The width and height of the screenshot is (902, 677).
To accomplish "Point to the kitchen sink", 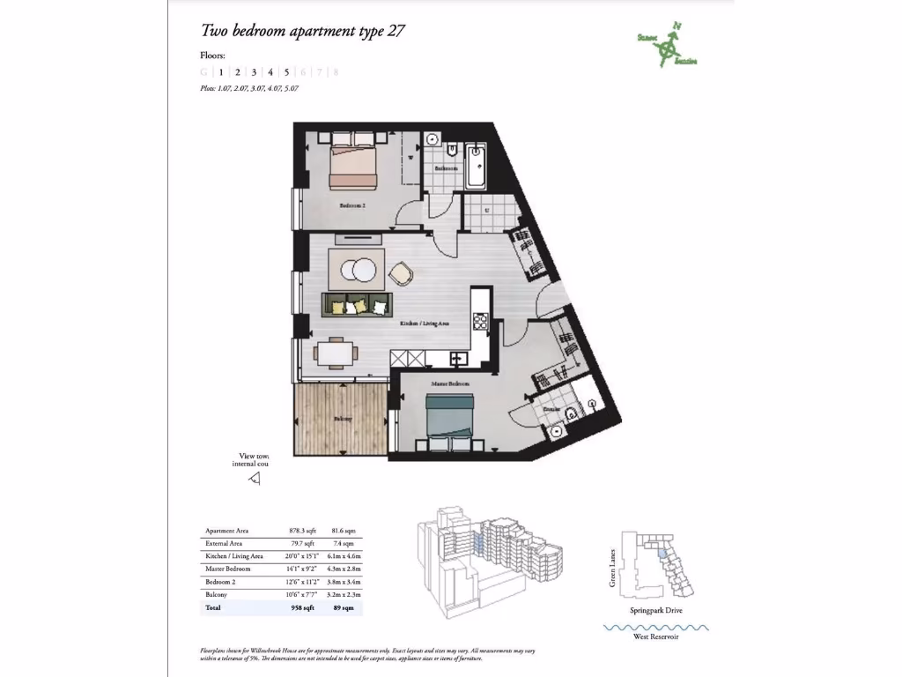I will pyautogui.click(x=458, y=358).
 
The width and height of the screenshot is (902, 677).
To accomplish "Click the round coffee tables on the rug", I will pyautogui.click(x=356, y=269).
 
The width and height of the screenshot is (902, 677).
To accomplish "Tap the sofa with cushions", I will pyautogui.click(x=356, y=305).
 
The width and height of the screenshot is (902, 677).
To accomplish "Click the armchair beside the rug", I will pyautogui.click(x=401, y=274).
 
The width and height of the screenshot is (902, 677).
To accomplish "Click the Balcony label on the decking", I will pyautogui.click(x=343, y=419).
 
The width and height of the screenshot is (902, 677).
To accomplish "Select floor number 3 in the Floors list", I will pyautogui.click(x=254, y=72).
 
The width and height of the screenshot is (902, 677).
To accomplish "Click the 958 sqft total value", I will pyautogui.click(x=301, y=607).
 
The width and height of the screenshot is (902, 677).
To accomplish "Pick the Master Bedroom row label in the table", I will pyautogui.click(x=228, y=569).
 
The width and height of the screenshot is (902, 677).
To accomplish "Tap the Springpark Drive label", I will pyautogui.click(x=655, y=610).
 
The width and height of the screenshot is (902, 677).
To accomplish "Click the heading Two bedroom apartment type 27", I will pyautogui.click(x=303, y=31).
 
